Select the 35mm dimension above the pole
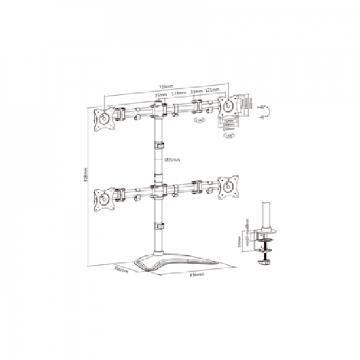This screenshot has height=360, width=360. point(159,94)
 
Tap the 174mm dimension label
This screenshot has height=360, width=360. point(177,94)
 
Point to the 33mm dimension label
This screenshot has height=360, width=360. point(195,92)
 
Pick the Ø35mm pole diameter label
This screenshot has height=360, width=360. point(172,160)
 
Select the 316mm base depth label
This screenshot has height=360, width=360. point(119,268)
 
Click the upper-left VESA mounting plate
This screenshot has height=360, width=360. point(103,118)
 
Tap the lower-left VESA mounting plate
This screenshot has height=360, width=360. point(103,197)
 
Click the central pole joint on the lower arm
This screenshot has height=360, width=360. point(158,191)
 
